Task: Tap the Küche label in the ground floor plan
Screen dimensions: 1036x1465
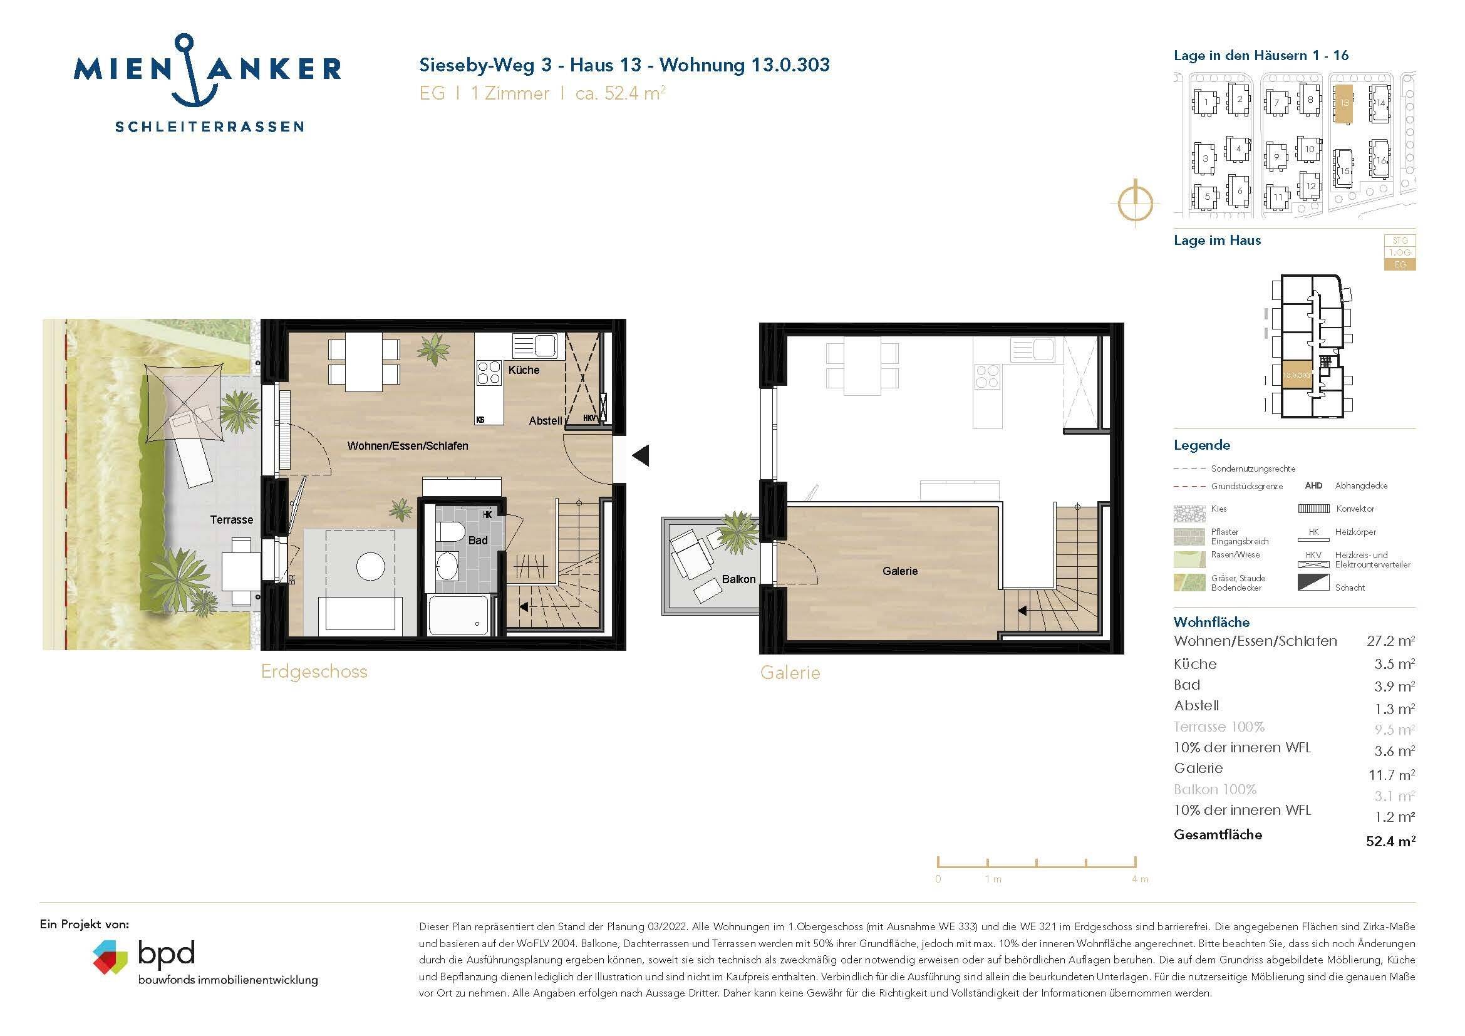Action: click(x=523, y=370)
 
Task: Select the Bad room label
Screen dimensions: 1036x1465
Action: click(x=477, y=541)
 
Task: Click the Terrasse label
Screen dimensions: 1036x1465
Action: click(x=232, y=520)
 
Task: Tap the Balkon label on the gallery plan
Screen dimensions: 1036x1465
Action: click(x=738, y=579)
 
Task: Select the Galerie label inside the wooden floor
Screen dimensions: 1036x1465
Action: click(x=899, y=571)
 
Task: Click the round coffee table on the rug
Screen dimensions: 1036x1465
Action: click(x=370, y=566)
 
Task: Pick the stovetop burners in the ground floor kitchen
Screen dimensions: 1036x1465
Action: click(x=489, y=373)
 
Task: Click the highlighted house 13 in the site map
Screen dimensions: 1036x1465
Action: click(x=1343, y=103)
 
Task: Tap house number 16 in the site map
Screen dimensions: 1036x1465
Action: click(x=1381, y=160)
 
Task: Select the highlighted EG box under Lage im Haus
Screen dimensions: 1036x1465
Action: click(x=1399, y=264)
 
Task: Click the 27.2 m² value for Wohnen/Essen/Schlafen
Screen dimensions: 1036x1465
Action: click(x=1390, y=641)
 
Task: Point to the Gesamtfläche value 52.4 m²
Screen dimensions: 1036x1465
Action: click(x=1390, y=841)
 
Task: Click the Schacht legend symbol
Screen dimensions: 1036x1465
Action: click(x=1313, y=583)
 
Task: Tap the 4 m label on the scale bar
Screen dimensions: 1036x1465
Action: click(x=1139, y=879)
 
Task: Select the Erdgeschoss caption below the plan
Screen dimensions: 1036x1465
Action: click(x=314, y=671)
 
